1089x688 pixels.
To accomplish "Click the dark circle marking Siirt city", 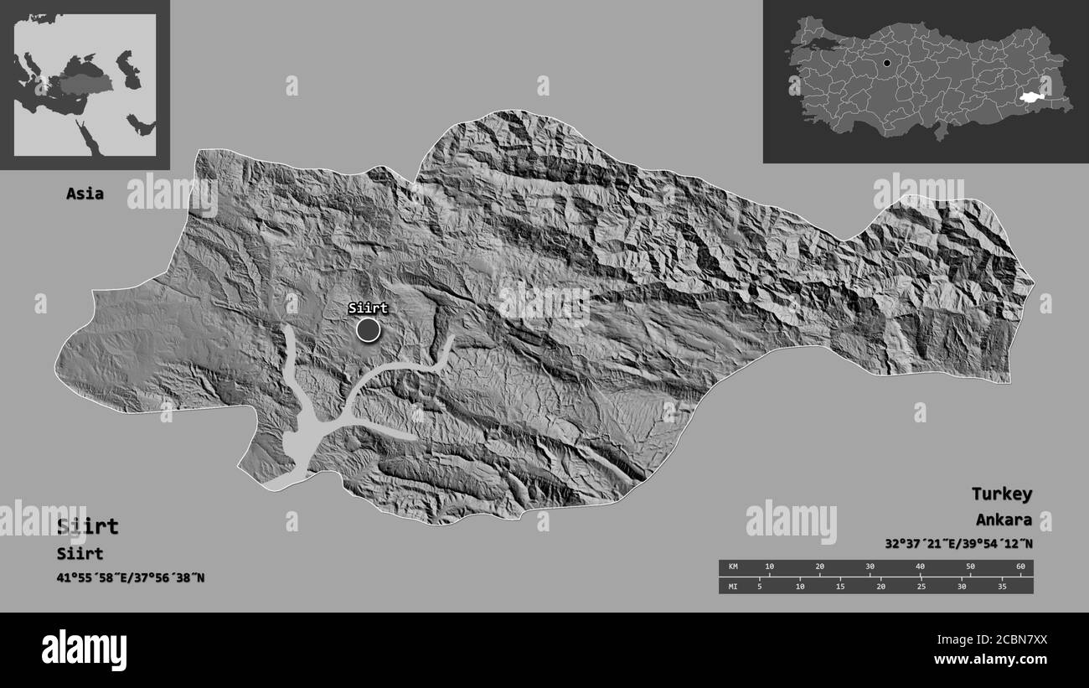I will (368, 329).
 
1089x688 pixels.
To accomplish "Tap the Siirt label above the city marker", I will (368, 308).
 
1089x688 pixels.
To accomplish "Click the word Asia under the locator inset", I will (85, 194).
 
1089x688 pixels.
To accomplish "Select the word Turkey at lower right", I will (1001, 494).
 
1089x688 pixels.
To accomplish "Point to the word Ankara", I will (1004, 520).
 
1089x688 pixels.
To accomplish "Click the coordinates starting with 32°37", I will (958, 543).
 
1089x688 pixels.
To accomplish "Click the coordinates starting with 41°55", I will (131, 577).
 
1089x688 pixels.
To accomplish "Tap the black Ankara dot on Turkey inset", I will (886, 63).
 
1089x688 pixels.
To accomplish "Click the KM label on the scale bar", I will (732, 567).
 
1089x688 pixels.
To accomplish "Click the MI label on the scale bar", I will (732, 586).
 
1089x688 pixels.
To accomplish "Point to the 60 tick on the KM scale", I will (1019, 567).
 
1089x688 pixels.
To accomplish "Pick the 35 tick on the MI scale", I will (1002, 586).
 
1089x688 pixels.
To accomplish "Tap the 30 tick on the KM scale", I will (870, 567).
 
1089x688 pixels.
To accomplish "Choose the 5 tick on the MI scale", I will (759, 586).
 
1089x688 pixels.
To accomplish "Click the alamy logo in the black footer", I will (84, 649).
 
